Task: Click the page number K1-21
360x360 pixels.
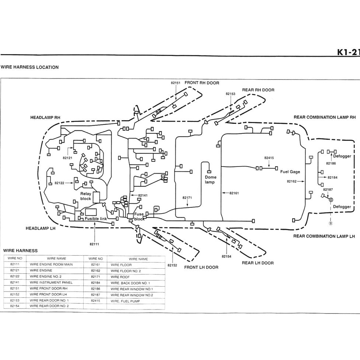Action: coord(348,52)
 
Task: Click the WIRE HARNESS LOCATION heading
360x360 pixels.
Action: coord(29,67)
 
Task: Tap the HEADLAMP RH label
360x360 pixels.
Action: coord(45,117)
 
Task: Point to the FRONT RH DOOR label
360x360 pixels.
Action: coord(202,83)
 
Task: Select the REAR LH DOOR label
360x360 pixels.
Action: coord(258,263)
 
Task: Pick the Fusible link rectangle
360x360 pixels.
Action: coord(91,212)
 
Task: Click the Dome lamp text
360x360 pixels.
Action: coord(210,179)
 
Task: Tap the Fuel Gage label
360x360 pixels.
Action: coord(290,172)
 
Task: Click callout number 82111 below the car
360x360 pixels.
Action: coord(94,244)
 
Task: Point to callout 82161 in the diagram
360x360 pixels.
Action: coord(234,193)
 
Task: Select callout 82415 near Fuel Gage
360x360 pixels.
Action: coord(269,158)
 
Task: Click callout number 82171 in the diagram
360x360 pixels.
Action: coord(187,198)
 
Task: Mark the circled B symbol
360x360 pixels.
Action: coord(330,223)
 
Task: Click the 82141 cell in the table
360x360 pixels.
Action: coord(15,282)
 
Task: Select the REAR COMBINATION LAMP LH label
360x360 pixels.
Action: coord(324,236)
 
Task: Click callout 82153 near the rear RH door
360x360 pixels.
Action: coord(230,94)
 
